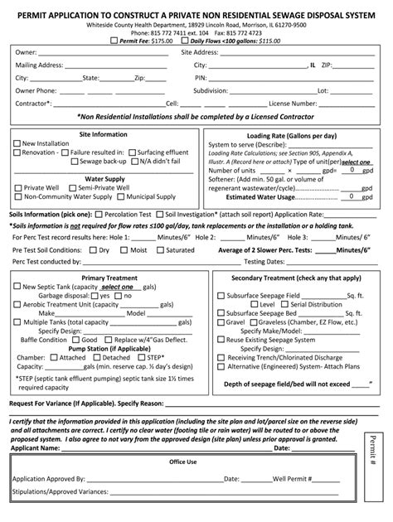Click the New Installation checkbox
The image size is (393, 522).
click(17, 142)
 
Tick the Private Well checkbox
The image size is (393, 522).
click(17, 188)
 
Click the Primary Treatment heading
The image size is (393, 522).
click(104, 278)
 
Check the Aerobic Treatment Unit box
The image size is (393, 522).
click(17, 304)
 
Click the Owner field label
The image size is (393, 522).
click(26, 52)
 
